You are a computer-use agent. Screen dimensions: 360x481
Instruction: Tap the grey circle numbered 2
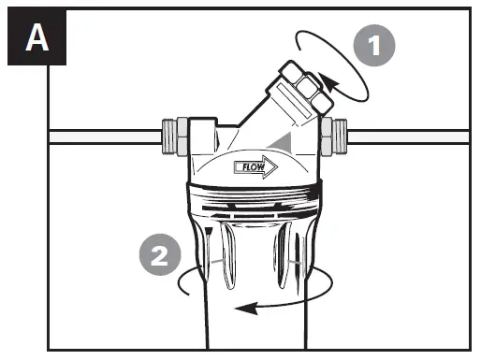[x=158, y=255]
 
